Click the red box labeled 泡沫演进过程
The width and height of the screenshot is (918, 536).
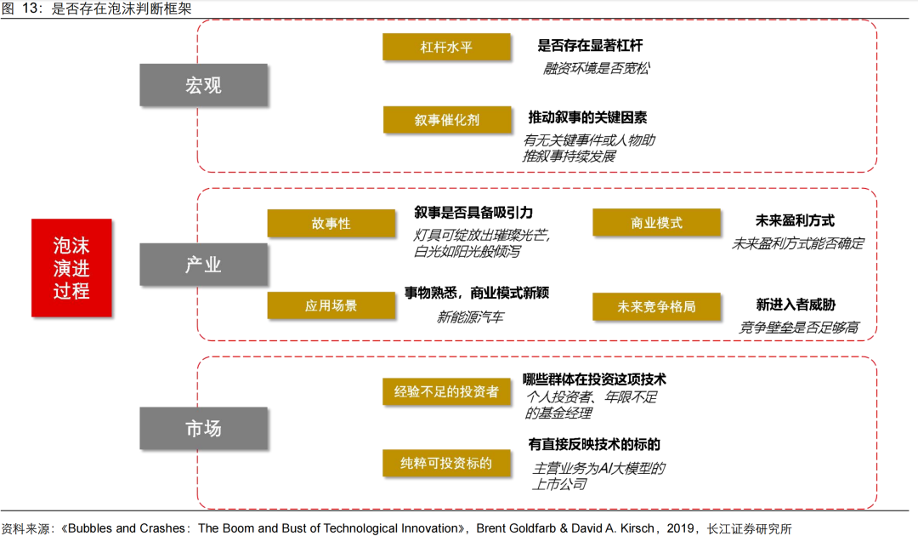point(71,268)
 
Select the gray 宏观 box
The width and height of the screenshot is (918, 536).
point(203,85)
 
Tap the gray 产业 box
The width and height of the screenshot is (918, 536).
point(203,265)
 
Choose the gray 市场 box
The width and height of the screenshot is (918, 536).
point(203,428)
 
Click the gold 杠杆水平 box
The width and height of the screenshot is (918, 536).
point(446,47)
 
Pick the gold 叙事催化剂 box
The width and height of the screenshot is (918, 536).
point(446,120)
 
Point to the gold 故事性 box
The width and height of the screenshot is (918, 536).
point(331,224)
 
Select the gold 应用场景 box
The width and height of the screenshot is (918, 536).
point(331,305)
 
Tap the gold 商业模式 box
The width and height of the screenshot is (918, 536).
point(656,223)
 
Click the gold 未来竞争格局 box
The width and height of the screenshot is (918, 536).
point(656,306)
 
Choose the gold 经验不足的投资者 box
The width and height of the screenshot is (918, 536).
point(446,391)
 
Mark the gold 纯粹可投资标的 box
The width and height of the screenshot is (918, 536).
point(446,463)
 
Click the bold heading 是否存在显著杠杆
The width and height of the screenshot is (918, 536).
point(598,45)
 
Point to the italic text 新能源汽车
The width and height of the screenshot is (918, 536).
point(470,317)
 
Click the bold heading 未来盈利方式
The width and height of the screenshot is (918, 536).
point(795,220)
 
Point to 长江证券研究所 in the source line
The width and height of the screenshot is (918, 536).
point(749,528)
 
